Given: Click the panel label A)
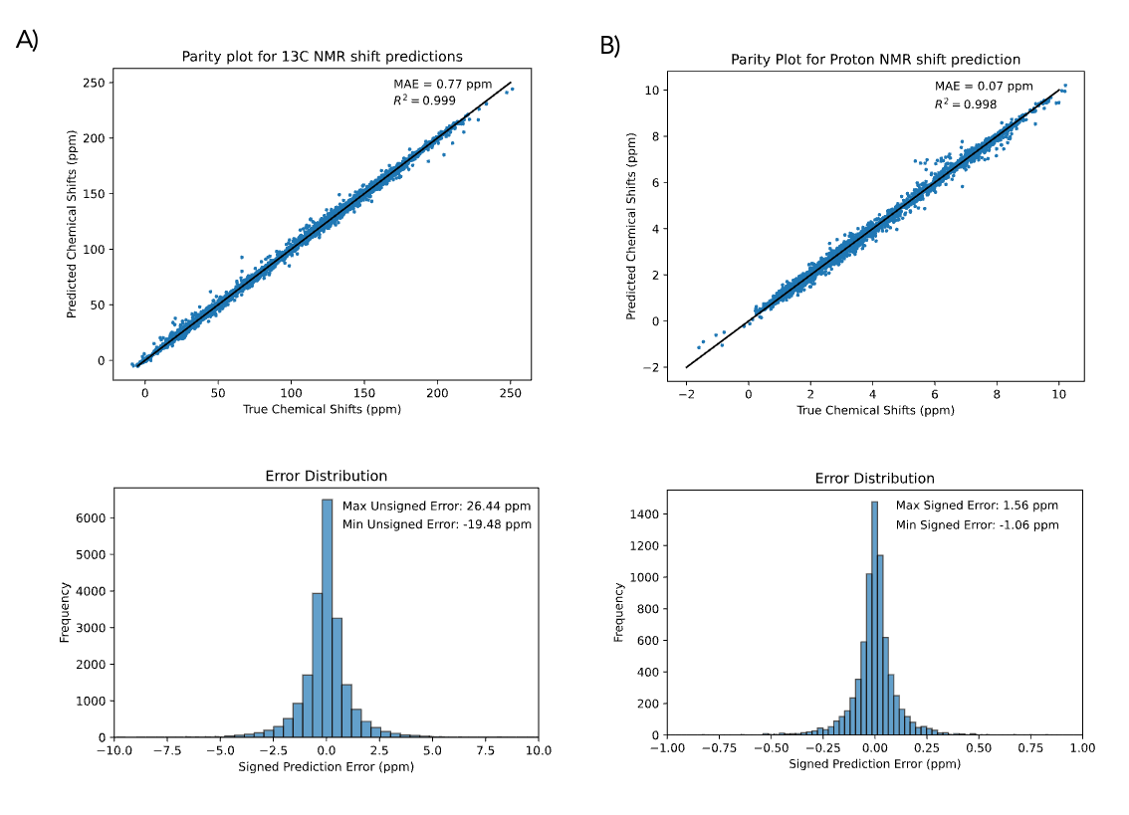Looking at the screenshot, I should click(x=28, y=40).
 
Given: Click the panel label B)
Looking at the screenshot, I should click(x=609, y=46).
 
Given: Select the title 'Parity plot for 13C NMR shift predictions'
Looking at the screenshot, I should click(x=322, y=57).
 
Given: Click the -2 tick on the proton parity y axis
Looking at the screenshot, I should click(x=659, y=367).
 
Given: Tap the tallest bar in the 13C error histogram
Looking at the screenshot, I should click(x=328, y=617).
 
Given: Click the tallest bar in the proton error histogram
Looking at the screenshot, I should click(x=874, y=617).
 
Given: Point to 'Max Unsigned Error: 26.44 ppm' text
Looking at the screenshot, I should click(x=436, y=505).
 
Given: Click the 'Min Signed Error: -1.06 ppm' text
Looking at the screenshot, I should click(x=978, y=525).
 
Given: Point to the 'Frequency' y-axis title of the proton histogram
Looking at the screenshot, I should click(x=619, y=611).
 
